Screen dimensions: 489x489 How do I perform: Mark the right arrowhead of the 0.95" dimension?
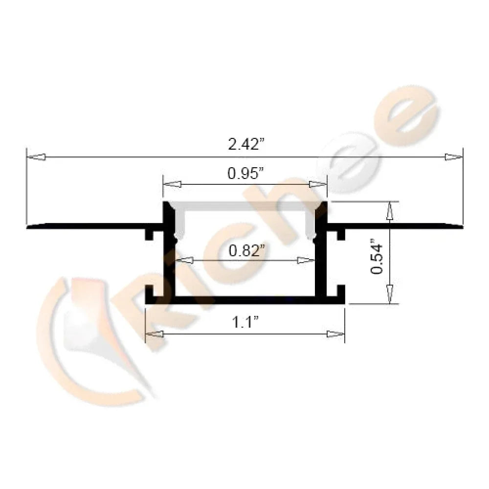tap(318, 184)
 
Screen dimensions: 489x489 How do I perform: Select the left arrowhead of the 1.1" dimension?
tap(155, 334)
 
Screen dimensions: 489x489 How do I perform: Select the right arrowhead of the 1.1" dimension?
tap(335, 334)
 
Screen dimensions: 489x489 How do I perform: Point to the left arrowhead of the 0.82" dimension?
tap(183, 260)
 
